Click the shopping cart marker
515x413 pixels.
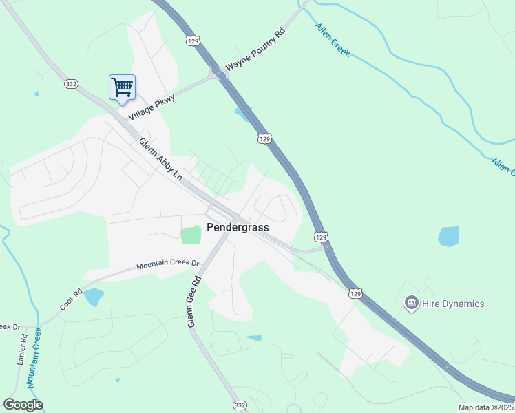click(x=122, y=87)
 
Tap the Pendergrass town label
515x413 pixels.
click(x=238, y=227)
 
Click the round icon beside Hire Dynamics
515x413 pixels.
click(x=412, y=303)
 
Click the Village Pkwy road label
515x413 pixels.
click(x=151, y=108)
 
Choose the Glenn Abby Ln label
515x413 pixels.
click(x=160, y=159)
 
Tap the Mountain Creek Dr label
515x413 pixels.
click(x=167, y=264)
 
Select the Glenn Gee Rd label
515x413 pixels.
click(x=194, y=301)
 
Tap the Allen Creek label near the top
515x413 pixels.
click(x=333, y=40)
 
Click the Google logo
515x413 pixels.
click(x=23, y=405)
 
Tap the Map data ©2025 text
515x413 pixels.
click(x=486, y=407)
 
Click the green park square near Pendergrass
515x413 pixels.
click(x=191, y=235)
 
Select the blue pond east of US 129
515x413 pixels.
click(x=448, y=236)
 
